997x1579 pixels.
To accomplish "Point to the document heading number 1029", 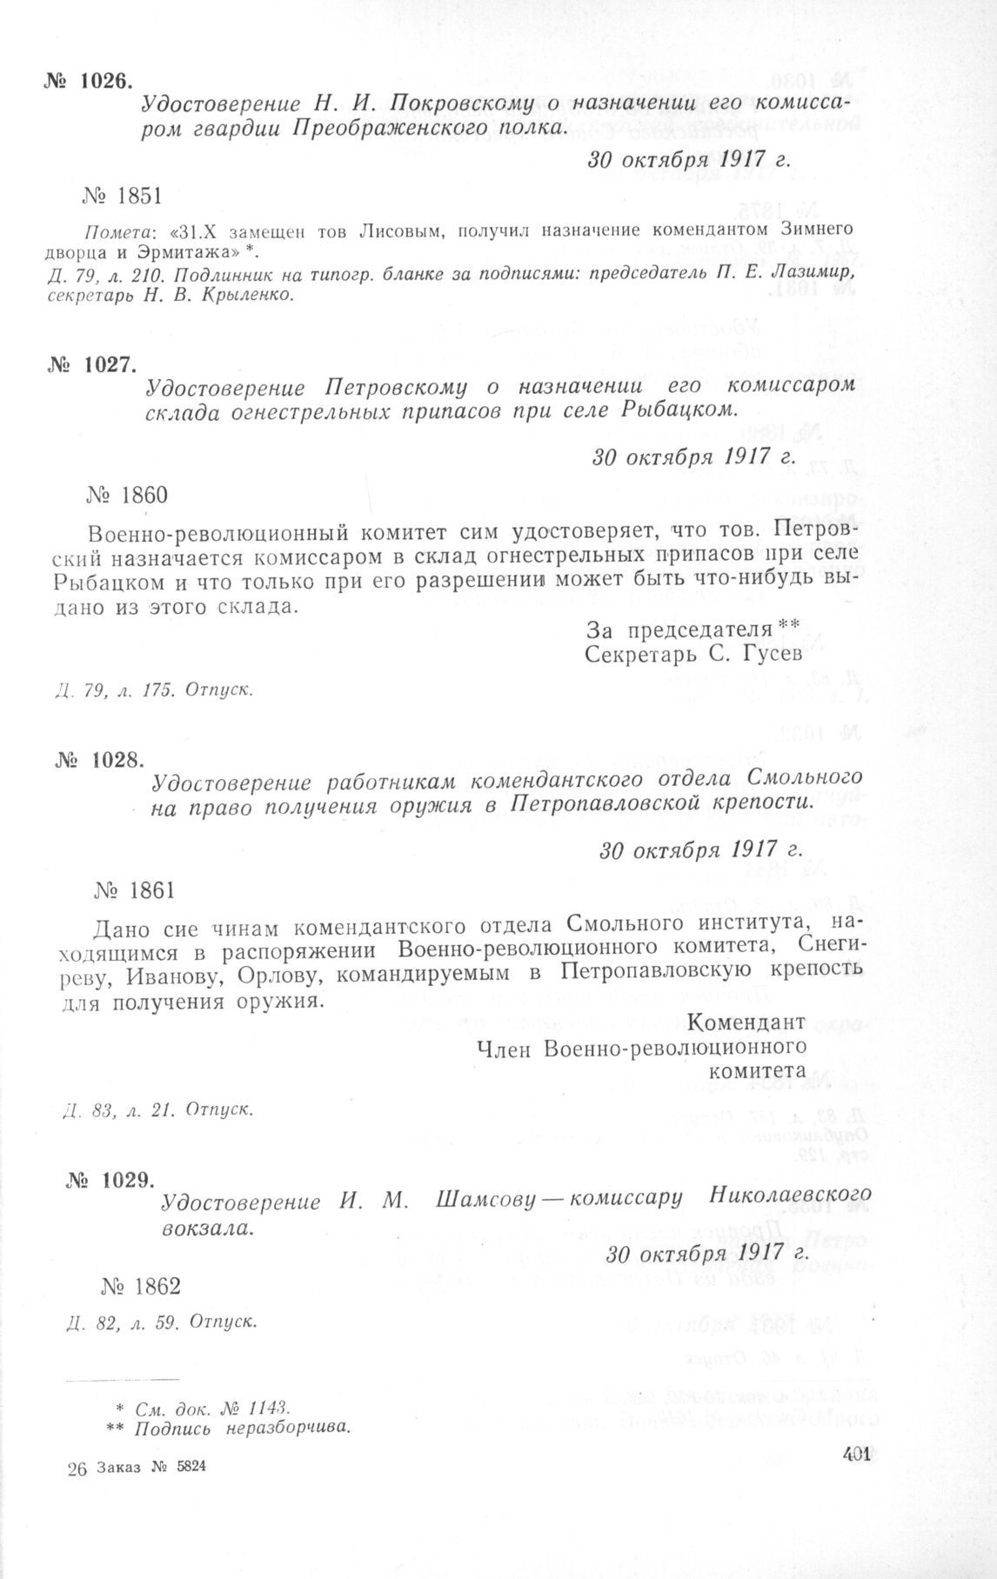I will click(x=110, y=1180).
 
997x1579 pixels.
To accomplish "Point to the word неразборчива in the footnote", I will click(x=291, y=1427).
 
